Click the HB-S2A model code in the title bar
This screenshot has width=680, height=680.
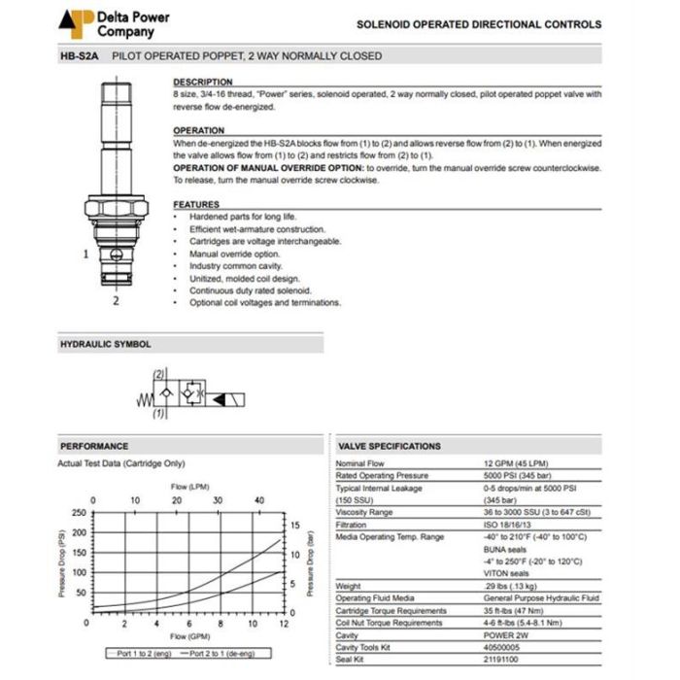pyautogui.click(x=82, y=56)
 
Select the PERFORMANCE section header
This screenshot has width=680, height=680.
pyautogui.click(x=93, y=446)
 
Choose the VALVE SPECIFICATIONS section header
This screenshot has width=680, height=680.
pyautogui.click(x=389, y=446)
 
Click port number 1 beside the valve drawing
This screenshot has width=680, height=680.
pyautogui.click(x=86, y=255)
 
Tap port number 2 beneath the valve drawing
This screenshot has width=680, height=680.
pyautogui.click(x=116, y=300)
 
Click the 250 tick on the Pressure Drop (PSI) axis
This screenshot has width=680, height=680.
pyautogui.click(x=80, y=512)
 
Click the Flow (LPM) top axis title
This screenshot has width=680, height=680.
pyautogui.click(x=190, y=486)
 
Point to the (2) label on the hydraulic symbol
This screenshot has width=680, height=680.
pyautogui.click(x=158, y=374)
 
